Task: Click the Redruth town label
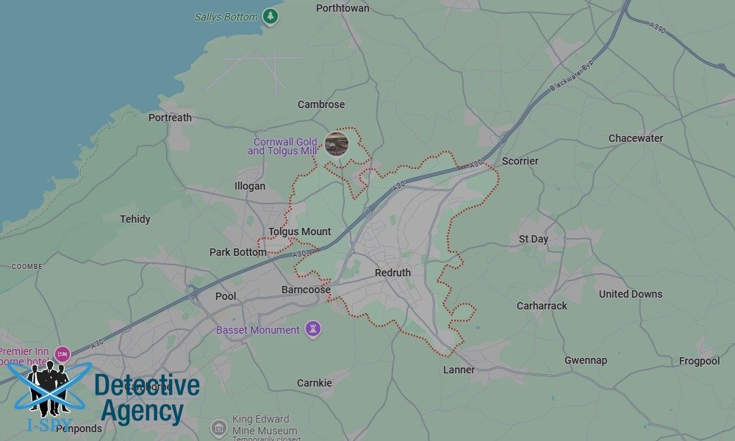(392, 273)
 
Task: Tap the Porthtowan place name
(343, 8)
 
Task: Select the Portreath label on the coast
(170, 118)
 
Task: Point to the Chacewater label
(635, 138)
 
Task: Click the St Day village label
(533, 239)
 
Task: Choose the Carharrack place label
(542, 306)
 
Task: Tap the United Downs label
(630, 294)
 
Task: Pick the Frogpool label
(699, 361)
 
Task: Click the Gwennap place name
(586, 360)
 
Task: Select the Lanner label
(459, 370)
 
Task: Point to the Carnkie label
(314, 383)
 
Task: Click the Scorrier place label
(520, 161)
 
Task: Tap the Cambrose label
(320, 104)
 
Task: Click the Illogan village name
(249, 186)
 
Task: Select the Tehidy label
(135, 219)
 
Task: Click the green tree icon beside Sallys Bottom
(271, 15)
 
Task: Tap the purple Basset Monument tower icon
(314, 329)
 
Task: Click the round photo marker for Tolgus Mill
(337, 143)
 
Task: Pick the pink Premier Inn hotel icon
(62, 354)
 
